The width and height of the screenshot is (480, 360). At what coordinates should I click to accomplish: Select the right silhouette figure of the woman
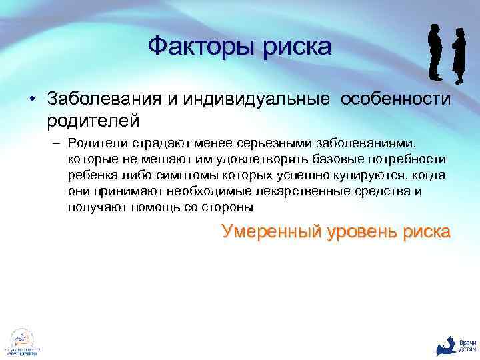tap(458, 57)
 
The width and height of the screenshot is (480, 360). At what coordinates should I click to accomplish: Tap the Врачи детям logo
tap(457, 343)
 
